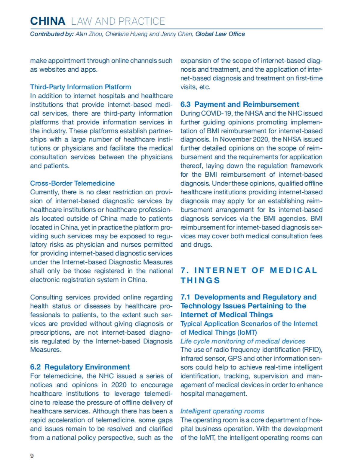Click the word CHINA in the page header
48,21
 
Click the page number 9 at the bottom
32,456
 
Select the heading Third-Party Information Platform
80,87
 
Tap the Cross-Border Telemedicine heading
72,183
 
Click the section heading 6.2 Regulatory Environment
80,367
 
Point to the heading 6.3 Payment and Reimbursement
239,104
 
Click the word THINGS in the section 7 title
200,280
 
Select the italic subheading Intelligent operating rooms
222,411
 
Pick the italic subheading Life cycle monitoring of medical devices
242,341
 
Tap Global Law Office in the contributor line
220,34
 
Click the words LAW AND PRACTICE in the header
118,21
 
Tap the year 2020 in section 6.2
119,385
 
